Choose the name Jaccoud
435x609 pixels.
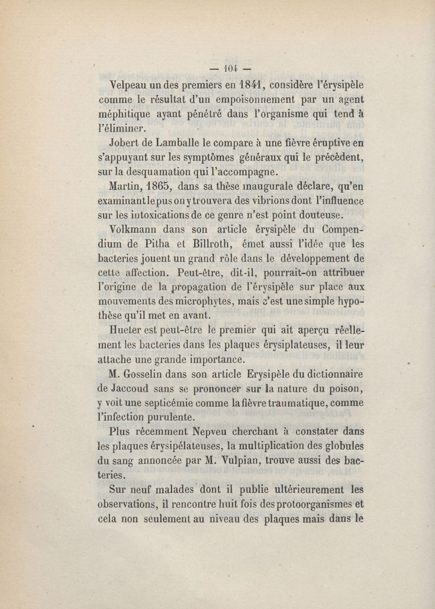[133, 389]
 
